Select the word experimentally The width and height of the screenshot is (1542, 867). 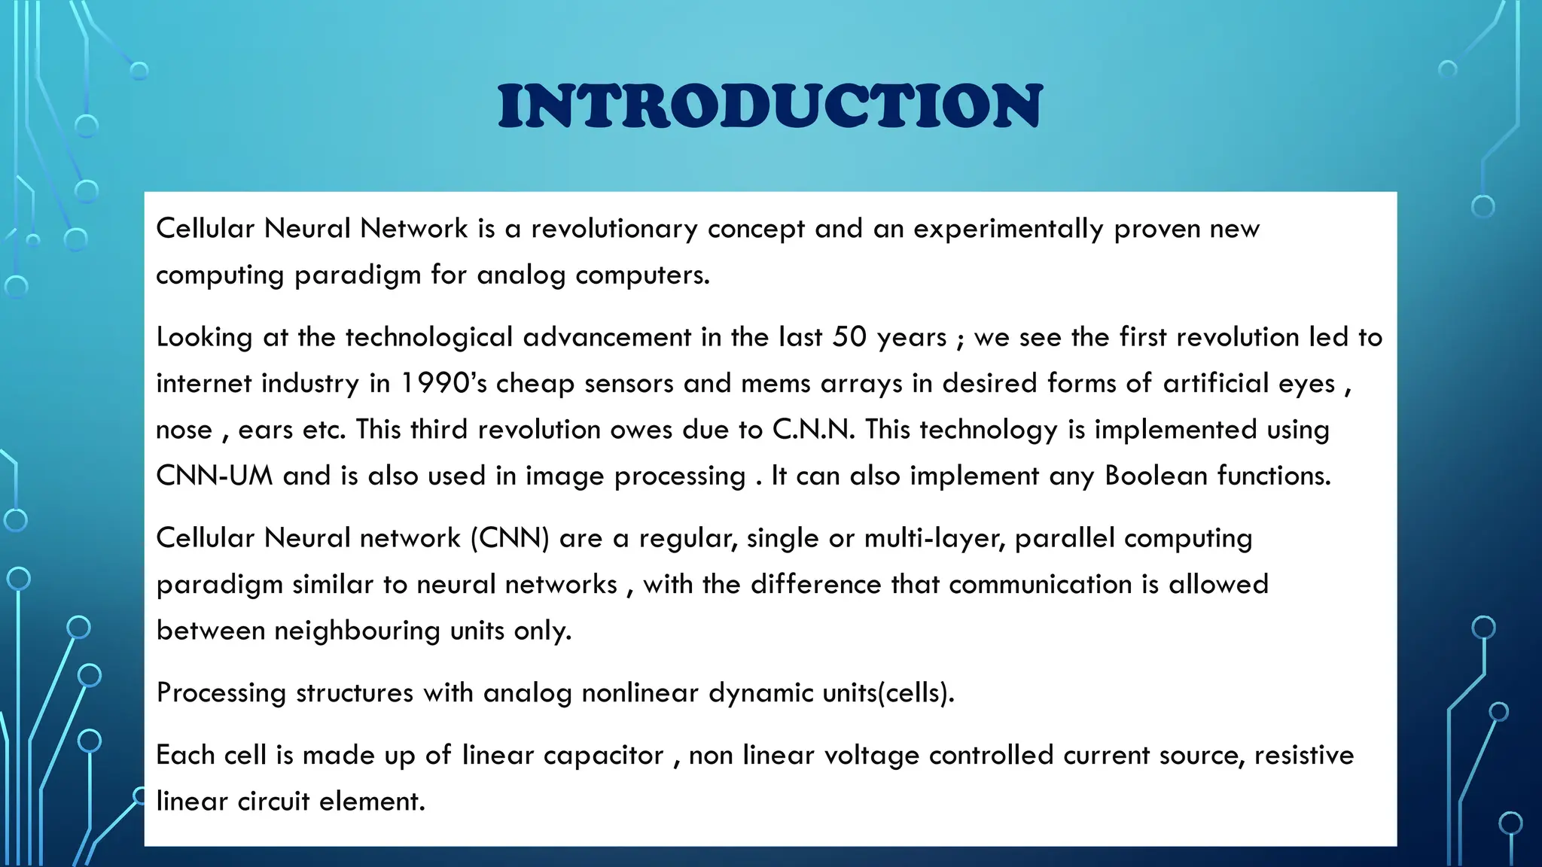point(1008,229)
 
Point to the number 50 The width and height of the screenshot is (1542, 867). point(849,337)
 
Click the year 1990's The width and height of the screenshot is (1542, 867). point(443,384)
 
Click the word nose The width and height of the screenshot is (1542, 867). point(184,430)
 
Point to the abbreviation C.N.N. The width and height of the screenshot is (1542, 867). point(813,430)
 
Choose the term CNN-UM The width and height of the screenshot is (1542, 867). point(214,476)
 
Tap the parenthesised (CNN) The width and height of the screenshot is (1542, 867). point(510,539)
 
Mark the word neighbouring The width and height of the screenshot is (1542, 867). point(357,631)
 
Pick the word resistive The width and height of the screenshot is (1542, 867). point(1304,756)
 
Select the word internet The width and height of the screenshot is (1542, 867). point(203,384)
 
